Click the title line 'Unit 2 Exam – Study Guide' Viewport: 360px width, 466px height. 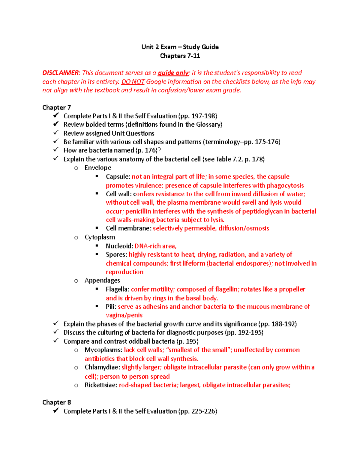click(x=180, y=47)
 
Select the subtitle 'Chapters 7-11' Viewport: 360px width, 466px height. click(x=180, y=56)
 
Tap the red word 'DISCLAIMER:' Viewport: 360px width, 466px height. click(x=61, y=73)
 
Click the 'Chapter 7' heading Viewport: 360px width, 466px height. click(x=56, y=107)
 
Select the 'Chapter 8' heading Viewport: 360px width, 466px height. click(x=56, y=402)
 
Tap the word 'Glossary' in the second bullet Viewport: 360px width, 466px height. click(x=208, y=125)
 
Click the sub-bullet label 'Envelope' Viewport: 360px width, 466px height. click(x=98, y=168)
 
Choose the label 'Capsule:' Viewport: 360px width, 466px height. click(x=118, y=177)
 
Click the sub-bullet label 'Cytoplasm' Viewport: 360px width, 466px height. click(x=100, y=237)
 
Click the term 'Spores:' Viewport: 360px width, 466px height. click(x=116, y=255)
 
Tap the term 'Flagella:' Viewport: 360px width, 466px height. click(x=118, y=290)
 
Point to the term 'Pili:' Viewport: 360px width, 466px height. click(x=111, y=307)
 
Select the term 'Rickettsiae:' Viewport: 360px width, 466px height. click(x=101, y=385)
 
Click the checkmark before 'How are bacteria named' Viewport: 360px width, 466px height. click(x=56, y=150)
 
